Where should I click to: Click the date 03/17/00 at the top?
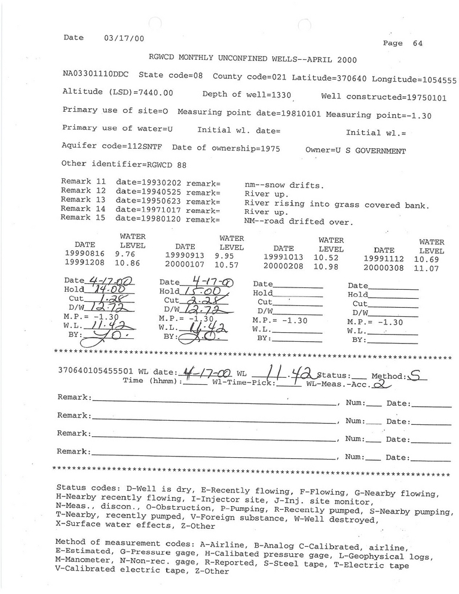click(120, 37)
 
